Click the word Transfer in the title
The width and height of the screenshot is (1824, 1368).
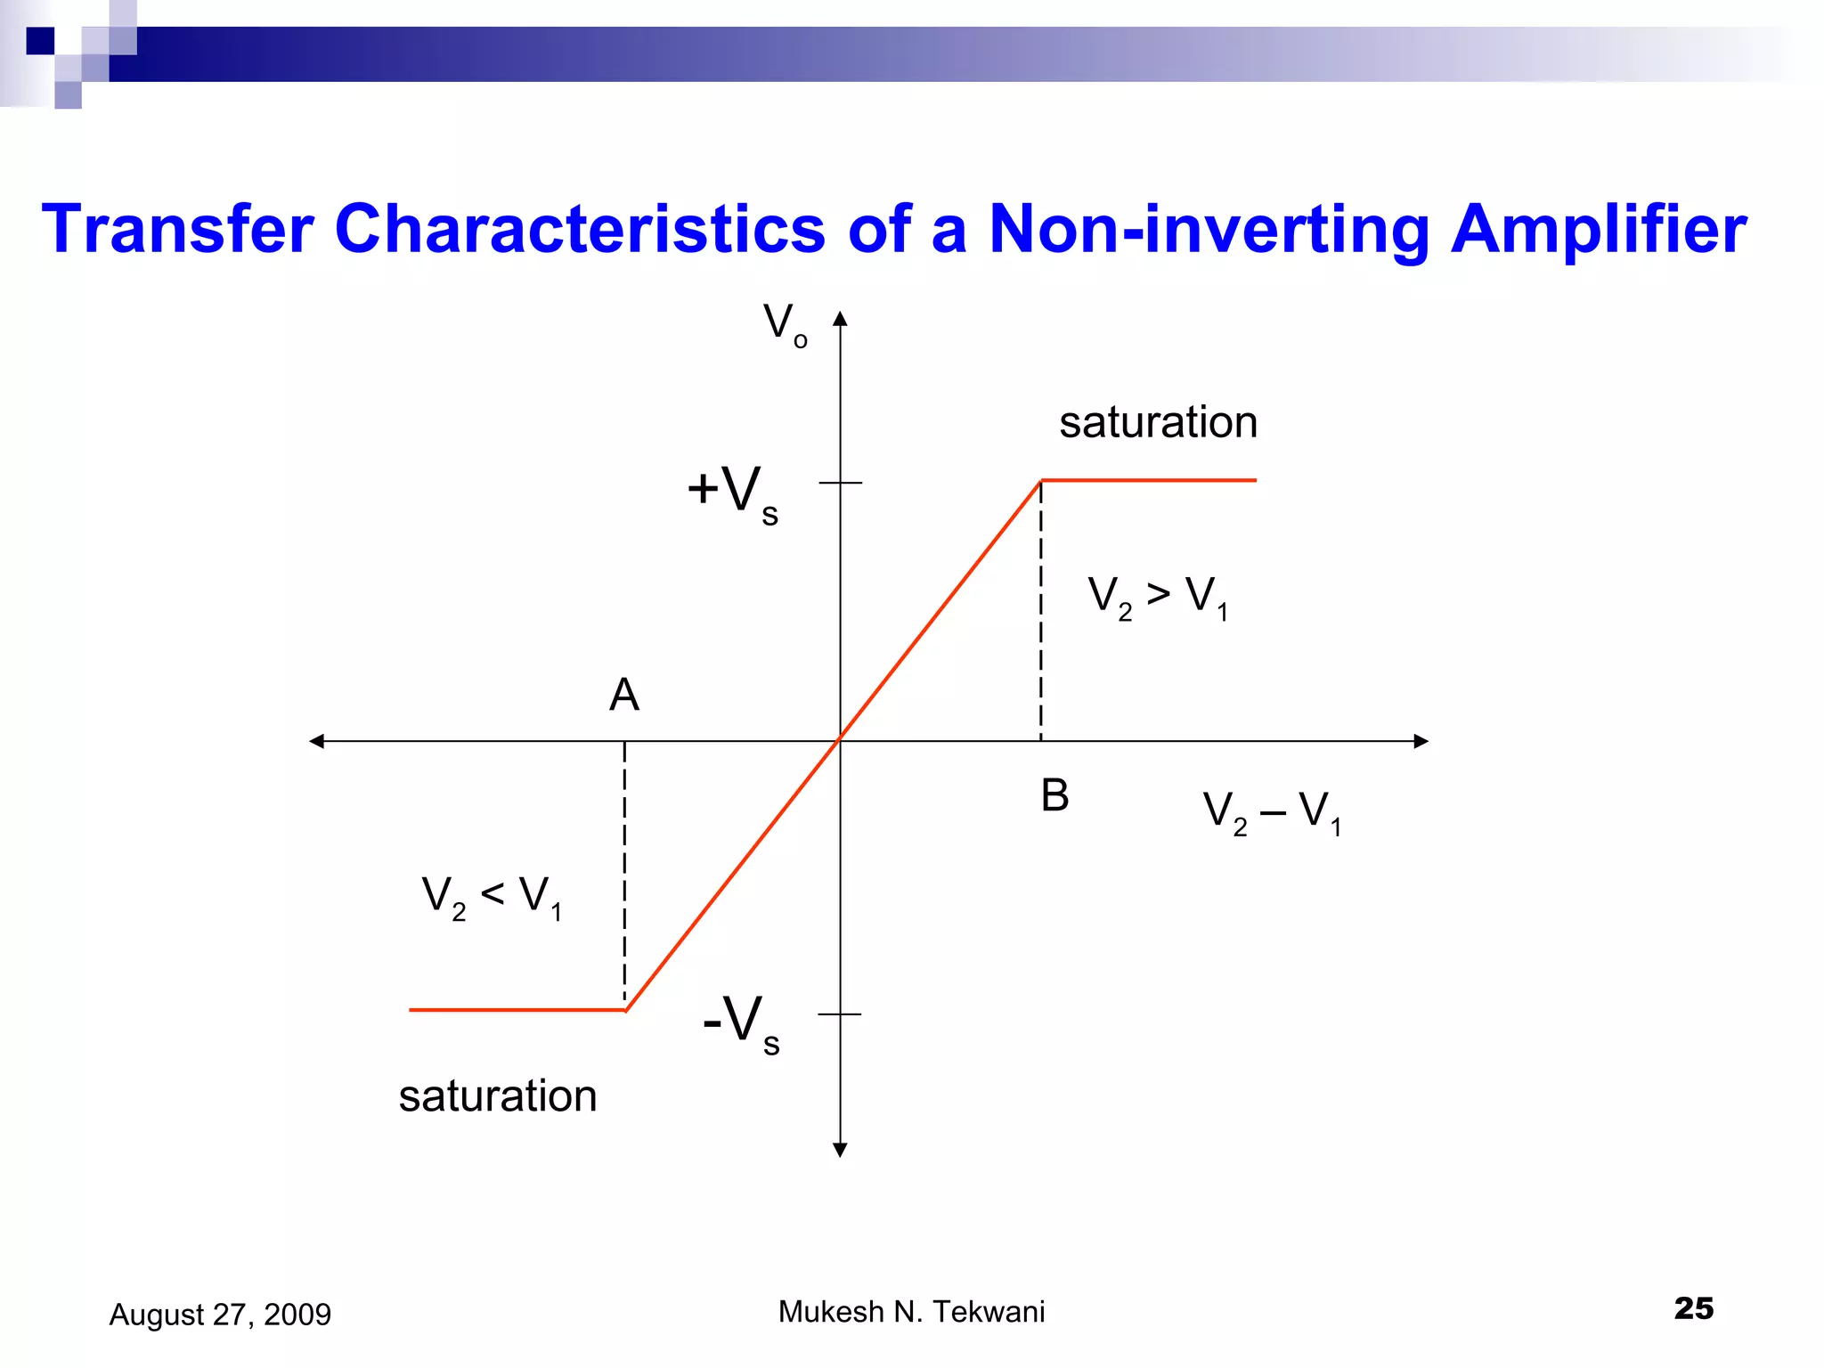click(177, 229)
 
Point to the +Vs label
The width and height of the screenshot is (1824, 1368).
click(733, 493)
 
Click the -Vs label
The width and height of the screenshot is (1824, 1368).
click(741, 1022)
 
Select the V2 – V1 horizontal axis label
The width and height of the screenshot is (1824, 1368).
click(1271, 812)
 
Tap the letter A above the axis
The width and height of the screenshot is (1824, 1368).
click(623, 695)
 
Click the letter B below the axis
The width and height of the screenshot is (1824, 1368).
click(1054, 795)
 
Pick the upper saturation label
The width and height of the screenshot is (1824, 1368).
click(1157, 422)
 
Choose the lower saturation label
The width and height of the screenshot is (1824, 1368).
click(497, 1095)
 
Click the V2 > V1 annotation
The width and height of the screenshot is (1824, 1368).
click(1157, 597)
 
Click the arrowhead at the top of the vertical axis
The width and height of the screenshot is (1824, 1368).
click(840, 319)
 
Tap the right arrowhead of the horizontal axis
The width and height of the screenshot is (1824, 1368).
click(1421, 741)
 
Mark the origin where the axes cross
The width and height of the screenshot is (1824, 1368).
click(840, 741)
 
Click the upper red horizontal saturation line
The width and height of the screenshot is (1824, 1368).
click(1149, 480)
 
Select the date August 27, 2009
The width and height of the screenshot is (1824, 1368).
click(220, 1315)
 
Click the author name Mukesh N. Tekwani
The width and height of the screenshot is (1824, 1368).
click(911, 1312)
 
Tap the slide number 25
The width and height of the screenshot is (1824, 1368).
click(1693, 1308)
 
